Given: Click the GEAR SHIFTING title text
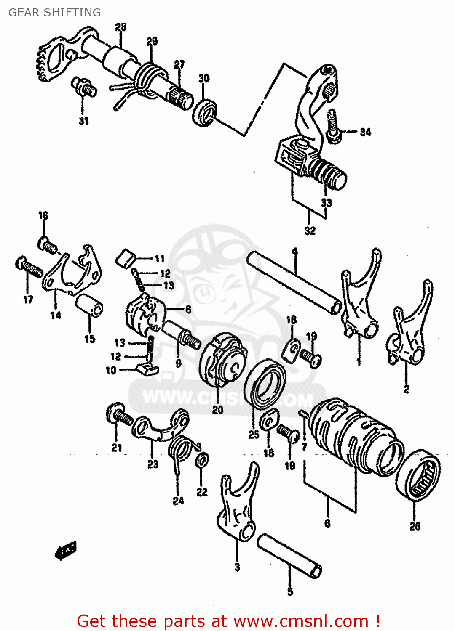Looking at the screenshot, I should point(55,13).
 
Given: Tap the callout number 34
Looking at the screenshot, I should point(365,132).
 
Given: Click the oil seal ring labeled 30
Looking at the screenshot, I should point(205,112).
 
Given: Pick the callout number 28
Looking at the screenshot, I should point(120,27).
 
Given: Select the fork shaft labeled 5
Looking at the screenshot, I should point(289,555).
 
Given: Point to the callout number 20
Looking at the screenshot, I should point(217,410).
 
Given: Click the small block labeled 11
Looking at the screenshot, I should point(125,257).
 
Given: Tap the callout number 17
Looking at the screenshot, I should point(28,300).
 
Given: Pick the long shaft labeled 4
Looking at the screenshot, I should point(295,282).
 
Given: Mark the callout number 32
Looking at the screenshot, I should point(310,231).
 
